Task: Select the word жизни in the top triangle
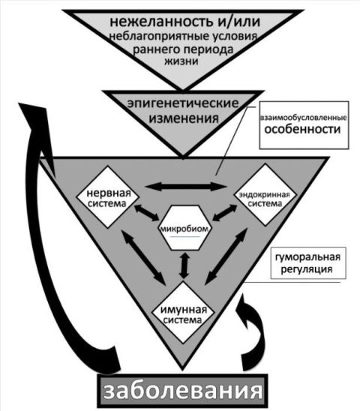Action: click(x=181, y=61)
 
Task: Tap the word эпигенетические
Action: click(x=183, y=103)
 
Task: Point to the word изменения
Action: click(x=184, y=118)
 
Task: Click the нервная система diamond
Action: click(x=107, y=196)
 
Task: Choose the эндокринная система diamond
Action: click(x=265, y=195)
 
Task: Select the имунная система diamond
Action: click(x=183, y=313)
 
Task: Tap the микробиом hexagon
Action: click(x=184, y=227)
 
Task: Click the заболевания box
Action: click(x=183, y=391)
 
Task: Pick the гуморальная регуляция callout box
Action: click(x=308, y=263)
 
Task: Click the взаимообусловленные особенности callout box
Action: click(x=304, y=125)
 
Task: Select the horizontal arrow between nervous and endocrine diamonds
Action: click(x=186, y=187)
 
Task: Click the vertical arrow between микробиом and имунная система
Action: click(x=184, y=265)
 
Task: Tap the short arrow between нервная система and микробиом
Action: click(x=146, y=212)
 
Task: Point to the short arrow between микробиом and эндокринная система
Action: click(x=225, y=213)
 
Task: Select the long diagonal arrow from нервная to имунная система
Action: click(x=143, y=257)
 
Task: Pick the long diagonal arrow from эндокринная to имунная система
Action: click(x=226, y=256)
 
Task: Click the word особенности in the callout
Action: click(x=302, y=130)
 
